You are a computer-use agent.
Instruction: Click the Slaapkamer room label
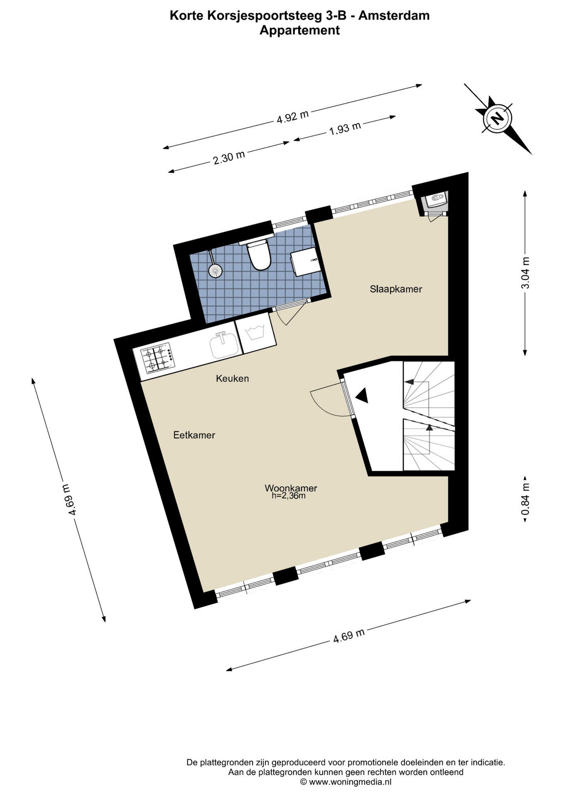tap(396, 289)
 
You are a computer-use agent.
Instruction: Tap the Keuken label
tap(232, 378)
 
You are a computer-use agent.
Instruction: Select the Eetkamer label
tap(194, 435)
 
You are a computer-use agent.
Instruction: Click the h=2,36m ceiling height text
tap(289, 495)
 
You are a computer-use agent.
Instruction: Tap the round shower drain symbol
tap(215, 271)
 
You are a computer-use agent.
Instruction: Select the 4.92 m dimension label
tap(293, 117)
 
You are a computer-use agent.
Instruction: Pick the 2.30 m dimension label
tap(229, 157)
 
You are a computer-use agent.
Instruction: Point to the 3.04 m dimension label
tap(526, 273)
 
